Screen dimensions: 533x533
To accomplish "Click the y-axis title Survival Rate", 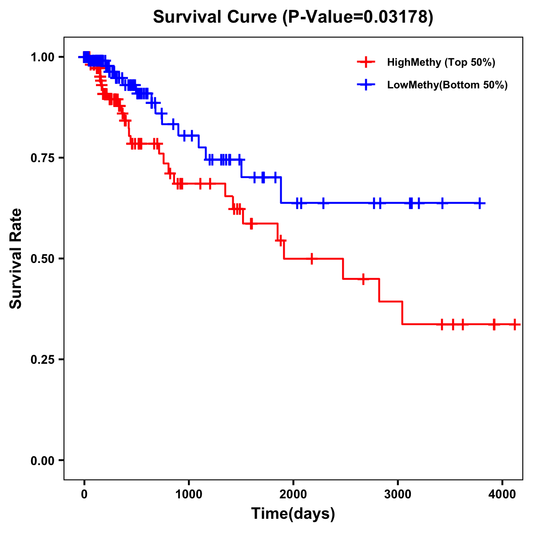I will point(16,259).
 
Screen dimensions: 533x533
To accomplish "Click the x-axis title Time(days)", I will point(293,514).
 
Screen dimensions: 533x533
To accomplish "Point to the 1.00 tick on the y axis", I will point(43,57).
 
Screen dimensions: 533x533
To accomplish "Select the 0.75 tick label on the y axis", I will point(43,158).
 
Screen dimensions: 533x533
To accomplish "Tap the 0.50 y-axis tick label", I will point(43,259).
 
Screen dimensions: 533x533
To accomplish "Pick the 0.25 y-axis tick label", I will point(43,359).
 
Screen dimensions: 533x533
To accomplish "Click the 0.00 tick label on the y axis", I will point(43,460).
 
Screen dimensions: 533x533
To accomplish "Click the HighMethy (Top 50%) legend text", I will point(441,62).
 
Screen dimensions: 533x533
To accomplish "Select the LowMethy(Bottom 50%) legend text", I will point(447,85).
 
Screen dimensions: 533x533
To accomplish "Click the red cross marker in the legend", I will point(366,62).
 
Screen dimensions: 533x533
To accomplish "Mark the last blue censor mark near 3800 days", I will point(480,203).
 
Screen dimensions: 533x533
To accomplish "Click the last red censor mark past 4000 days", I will point(514,324).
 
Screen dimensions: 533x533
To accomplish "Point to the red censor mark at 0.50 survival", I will point(312,259).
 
